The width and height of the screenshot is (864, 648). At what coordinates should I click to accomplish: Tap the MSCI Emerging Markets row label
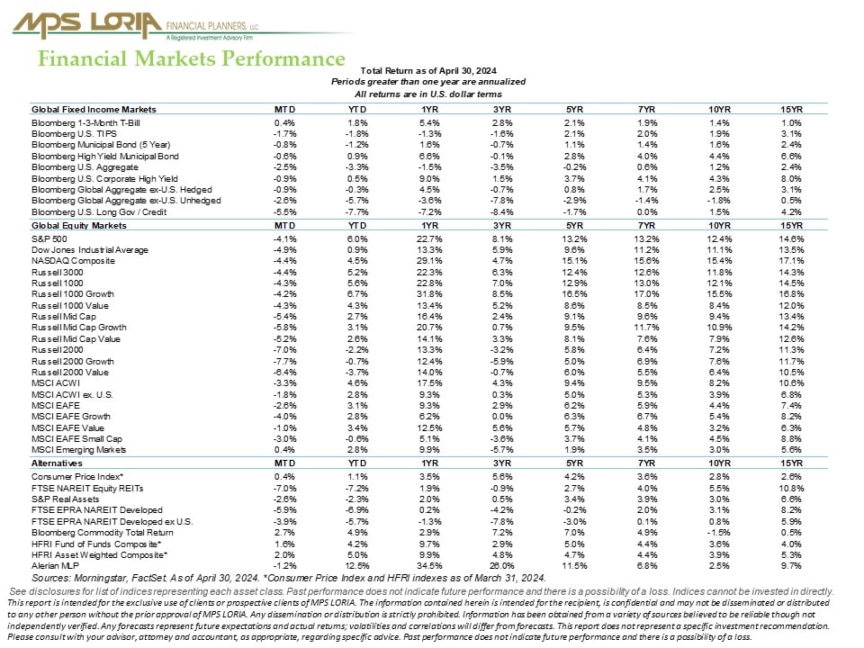[x=79, y=449]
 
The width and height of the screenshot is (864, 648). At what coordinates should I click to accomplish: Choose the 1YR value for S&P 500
[x=430, y=238]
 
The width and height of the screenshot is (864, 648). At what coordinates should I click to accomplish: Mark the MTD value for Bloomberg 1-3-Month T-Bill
[x=285, y=121]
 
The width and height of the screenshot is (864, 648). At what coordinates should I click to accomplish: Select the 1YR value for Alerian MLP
[x=430, y=565]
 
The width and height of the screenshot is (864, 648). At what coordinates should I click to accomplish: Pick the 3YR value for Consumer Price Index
[x=502, y=474]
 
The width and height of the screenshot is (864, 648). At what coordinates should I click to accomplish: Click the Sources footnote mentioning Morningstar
[x=288, y=577]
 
